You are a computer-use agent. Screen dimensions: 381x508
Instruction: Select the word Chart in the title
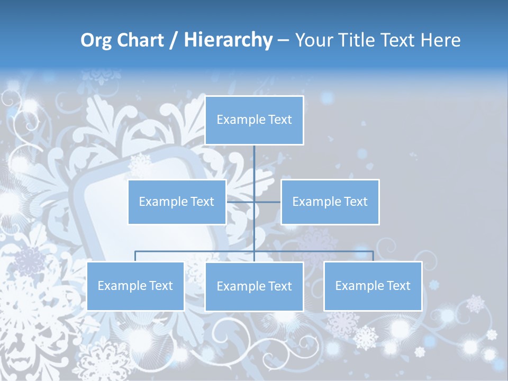tap(139, 40)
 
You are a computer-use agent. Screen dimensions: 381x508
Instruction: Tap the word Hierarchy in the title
tap(228, 40)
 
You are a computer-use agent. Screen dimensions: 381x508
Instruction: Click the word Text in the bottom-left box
tap(161, 286)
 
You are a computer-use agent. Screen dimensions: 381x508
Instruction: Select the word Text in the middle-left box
tap(202, 202)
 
